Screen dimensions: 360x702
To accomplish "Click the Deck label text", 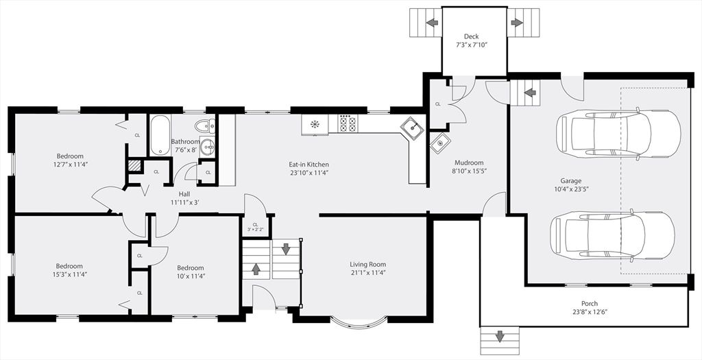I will point(471,36).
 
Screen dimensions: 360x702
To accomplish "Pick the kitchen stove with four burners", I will point(348,124).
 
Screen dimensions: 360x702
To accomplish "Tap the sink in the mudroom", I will point(439,143).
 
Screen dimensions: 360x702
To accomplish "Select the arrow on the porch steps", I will point(500,336).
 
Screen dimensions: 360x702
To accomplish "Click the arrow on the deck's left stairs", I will point(432,23).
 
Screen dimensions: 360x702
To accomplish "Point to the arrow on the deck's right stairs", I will point(517,23).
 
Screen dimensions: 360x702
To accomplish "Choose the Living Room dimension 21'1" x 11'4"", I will point(367,274).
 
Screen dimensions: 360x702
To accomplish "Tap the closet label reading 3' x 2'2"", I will point(255,229).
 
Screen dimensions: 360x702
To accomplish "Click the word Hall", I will point(184,193).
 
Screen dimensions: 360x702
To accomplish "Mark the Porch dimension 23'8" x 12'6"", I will point(589,312).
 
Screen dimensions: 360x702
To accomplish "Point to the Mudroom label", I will point(469,163).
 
